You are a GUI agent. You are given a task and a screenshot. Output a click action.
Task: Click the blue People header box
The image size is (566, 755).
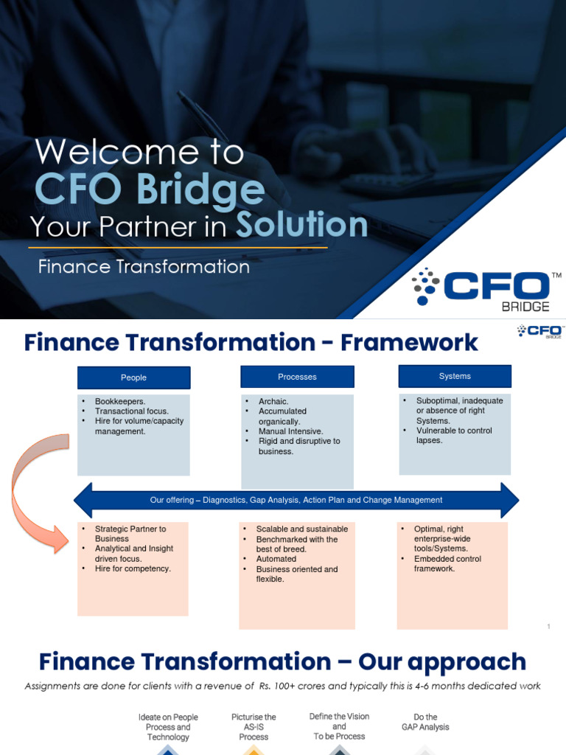pyautogui.click(x=133, y=377)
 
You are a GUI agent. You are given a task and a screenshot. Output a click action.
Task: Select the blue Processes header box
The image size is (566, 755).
pyautogui.click(x=297, y=377)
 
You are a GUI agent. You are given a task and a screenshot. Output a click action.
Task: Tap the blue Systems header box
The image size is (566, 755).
pyautogui.click(x=455, y=376)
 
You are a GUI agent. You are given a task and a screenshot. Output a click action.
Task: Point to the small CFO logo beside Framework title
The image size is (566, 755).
pyautogui.click(x=541, y=331)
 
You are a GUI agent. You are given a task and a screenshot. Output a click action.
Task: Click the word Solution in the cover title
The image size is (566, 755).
pyautogui.click(x=301, y=226)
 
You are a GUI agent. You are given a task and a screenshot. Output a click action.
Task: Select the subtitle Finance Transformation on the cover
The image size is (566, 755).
pyautogui.click(x=144, y=267)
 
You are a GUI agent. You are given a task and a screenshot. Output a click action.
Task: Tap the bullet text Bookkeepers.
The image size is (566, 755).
pyautogui.click(x=120, y=402)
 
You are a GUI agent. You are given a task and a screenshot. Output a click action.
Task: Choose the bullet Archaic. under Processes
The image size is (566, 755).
pyautogui.click(x=273, y=402)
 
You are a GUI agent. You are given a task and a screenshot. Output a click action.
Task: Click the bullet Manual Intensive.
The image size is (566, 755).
pyautogui.click(x=290, y=431)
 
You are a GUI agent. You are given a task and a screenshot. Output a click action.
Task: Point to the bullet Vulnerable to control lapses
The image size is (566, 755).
pyautogui.click(x=453, y=435)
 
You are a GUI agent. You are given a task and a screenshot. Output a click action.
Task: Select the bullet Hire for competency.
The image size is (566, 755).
pyautogui.click(x=133, y=568)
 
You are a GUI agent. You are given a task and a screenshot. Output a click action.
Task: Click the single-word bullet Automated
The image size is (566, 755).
pyautogui.click(x=276, y=559)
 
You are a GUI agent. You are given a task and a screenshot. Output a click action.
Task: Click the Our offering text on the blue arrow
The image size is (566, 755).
pyautogui.click(x=296, y=500)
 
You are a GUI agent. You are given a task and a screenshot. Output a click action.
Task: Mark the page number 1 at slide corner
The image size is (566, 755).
pyautogui.click(x=549, y=627)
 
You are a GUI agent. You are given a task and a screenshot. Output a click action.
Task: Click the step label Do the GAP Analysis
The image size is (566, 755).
pyautogui.click(x=425, y=722)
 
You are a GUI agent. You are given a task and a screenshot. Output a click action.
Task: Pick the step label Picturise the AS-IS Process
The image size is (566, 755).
pyautogui.click(x=254, y=726)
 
